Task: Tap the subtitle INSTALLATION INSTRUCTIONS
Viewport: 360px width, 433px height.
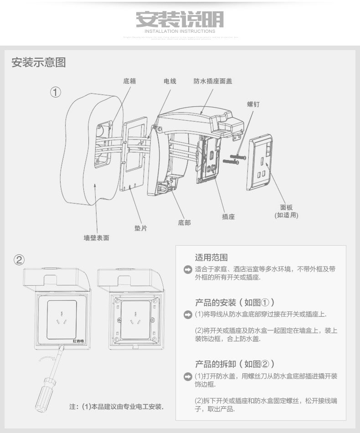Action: click(x=180, y=31)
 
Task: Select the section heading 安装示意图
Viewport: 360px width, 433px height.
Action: click(x=39, y=62)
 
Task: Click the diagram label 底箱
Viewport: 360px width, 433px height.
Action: click(x=130, y=81)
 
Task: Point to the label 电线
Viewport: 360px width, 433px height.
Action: click(x=170, y=81)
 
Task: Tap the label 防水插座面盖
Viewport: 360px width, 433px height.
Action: click(x=212, y=81)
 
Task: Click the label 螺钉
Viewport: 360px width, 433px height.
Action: click(x=253, y=104)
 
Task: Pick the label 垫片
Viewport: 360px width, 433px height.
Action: click(x=140, y=227)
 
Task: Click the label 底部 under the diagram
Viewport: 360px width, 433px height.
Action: click(x=185, y=223)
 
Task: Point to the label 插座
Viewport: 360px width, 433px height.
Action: click(x=228, y=216)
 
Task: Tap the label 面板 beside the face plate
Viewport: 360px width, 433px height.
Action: click(x=287, y=207)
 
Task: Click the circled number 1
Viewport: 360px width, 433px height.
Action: click(x=55, y=92)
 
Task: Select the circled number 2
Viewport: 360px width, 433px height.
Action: click(x=19, y=260)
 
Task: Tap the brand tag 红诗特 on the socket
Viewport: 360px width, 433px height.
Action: click(x=78, y=340)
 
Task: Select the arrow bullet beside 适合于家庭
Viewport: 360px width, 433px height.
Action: click(x=186, y=270)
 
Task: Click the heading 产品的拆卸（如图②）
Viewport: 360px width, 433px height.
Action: click(x=235, y=364)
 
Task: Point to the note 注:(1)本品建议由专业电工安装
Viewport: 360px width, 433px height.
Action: click(x=117, y=407)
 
